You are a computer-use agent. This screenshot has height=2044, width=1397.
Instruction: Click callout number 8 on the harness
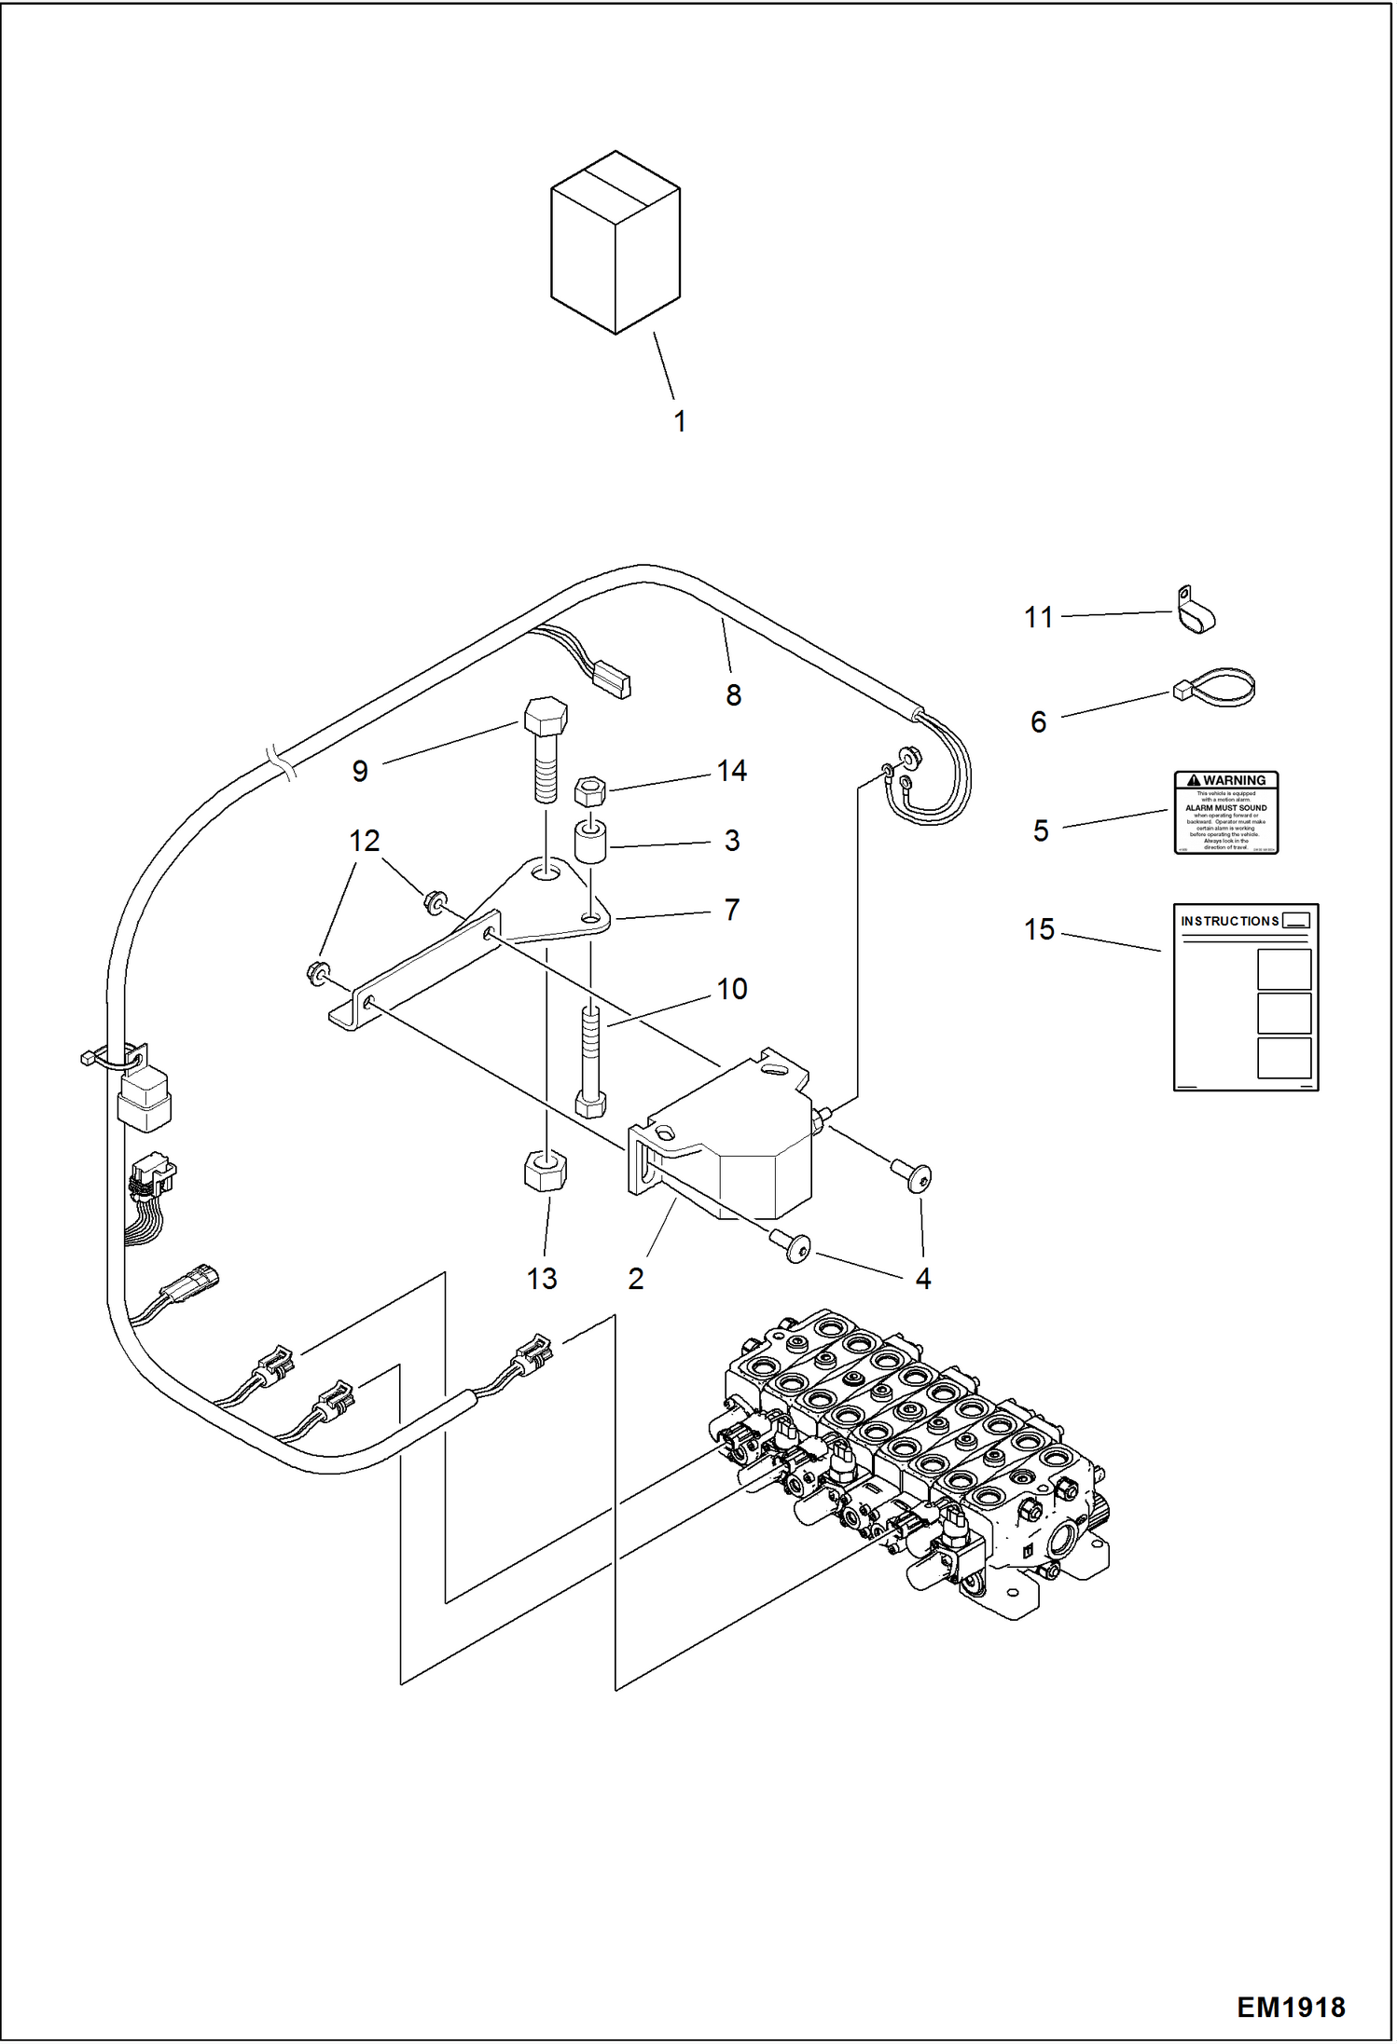pos(733,694)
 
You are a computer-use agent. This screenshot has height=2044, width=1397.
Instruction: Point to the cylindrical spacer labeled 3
pos(589,843)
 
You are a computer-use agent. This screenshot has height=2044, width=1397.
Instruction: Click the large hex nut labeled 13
pos(546,1171)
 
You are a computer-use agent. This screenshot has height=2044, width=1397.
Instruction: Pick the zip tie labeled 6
pos(1216,689)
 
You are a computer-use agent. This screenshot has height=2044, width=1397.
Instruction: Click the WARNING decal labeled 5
pos(1225,812)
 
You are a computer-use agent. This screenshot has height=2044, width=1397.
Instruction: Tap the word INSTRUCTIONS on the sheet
pos(1229,921)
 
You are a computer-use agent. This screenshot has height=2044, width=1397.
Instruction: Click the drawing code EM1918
pos(1291,2007)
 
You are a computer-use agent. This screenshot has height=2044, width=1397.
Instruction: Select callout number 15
pos(1038,929)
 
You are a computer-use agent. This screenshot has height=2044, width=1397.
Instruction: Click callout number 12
pos(364,841)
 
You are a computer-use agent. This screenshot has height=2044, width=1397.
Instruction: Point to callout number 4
pos(922,1278)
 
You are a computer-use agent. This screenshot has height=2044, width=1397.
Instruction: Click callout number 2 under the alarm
pos(635,1278)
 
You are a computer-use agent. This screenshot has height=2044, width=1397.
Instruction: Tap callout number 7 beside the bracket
pos(732,910)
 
